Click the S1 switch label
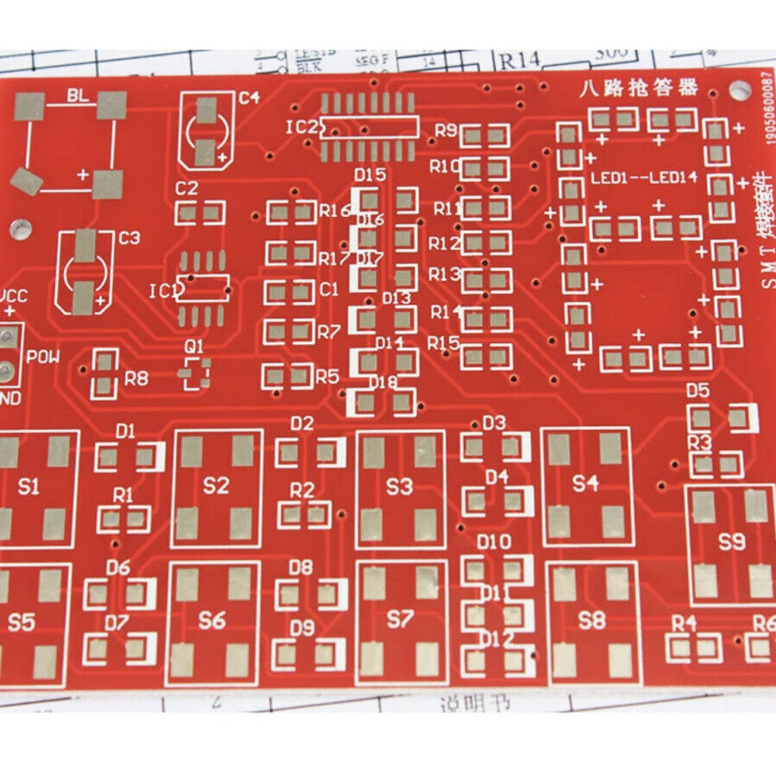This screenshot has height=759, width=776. (x=29, y=487)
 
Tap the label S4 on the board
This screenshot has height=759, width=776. (x=585, y=483)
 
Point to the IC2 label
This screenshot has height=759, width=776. (x=301, y=127)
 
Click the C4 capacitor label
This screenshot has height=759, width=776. (x=249, y=98)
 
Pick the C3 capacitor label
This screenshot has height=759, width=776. (x=129, y=238)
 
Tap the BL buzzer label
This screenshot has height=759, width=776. (x=77, y=96)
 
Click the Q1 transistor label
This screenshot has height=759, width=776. (x=194, y=346)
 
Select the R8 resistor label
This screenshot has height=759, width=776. (x=136, y=378)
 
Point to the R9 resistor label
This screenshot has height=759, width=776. (x=446, y=131)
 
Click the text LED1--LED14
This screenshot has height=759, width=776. (x=644, y=178)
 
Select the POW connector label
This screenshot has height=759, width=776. (x=41, y=356)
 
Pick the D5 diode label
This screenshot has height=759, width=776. (x=697, y=391)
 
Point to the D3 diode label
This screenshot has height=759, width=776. (x=493, y=423)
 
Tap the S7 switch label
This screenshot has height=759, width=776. (x=400, y=619)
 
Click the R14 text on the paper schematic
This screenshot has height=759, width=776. (x=518, y=61)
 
